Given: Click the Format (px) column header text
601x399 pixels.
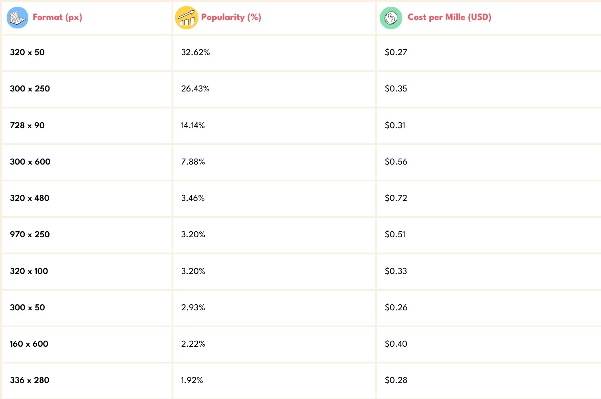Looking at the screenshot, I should click(57, 17).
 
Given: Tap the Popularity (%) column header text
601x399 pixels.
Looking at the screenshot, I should click(231, 17).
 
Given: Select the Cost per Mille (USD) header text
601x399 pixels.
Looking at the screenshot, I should click(449, 17).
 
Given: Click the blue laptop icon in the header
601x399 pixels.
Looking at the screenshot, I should click(18, 18).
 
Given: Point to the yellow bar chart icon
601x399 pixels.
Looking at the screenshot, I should click(186, 18).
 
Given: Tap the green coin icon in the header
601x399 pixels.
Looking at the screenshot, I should click(391, 18).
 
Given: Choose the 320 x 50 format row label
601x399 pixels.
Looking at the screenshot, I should click(27, 52).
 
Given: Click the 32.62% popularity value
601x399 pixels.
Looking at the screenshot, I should click(195, 52).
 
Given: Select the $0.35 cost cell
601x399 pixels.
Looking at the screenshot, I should click(396, 89).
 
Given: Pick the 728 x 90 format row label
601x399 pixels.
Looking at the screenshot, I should click(27, 125).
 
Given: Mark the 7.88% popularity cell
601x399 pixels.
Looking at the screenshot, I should click(193, 162).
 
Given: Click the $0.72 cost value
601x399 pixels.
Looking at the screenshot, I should click(396, 198).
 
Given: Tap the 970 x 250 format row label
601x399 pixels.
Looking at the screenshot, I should click(30, 234).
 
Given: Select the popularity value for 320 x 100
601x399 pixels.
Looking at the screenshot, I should click(193, 271).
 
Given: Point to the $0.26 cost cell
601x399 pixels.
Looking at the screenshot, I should click(396, 308).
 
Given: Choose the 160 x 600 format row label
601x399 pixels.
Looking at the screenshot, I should click(29, 344).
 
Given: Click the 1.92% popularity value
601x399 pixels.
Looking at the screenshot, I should click(192, 380).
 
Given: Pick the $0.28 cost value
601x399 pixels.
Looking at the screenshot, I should click(396, 380).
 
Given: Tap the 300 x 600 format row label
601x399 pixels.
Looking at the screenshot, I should click(30, 162).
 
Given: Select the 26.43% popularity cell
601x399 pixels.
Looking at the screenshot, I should click(195, 89).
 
